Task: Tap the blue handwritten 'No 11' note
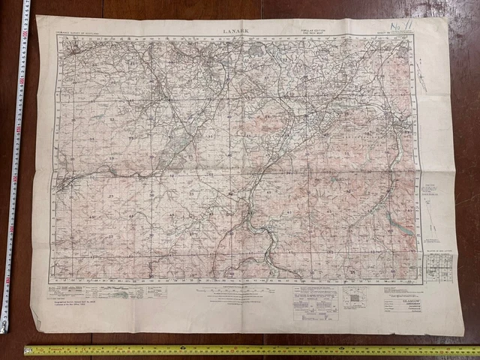click(397, 28)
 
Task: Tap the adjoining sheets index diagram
click(355, 297)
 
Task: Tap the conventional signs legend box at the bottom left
click(97, 291)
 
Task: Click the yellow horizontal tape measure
click(247, 349)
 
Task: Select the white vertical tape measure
click(13, 165)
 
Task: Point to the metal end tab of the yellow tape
click(28, 350)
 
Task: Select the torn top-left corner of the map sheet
click(39, 21)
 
